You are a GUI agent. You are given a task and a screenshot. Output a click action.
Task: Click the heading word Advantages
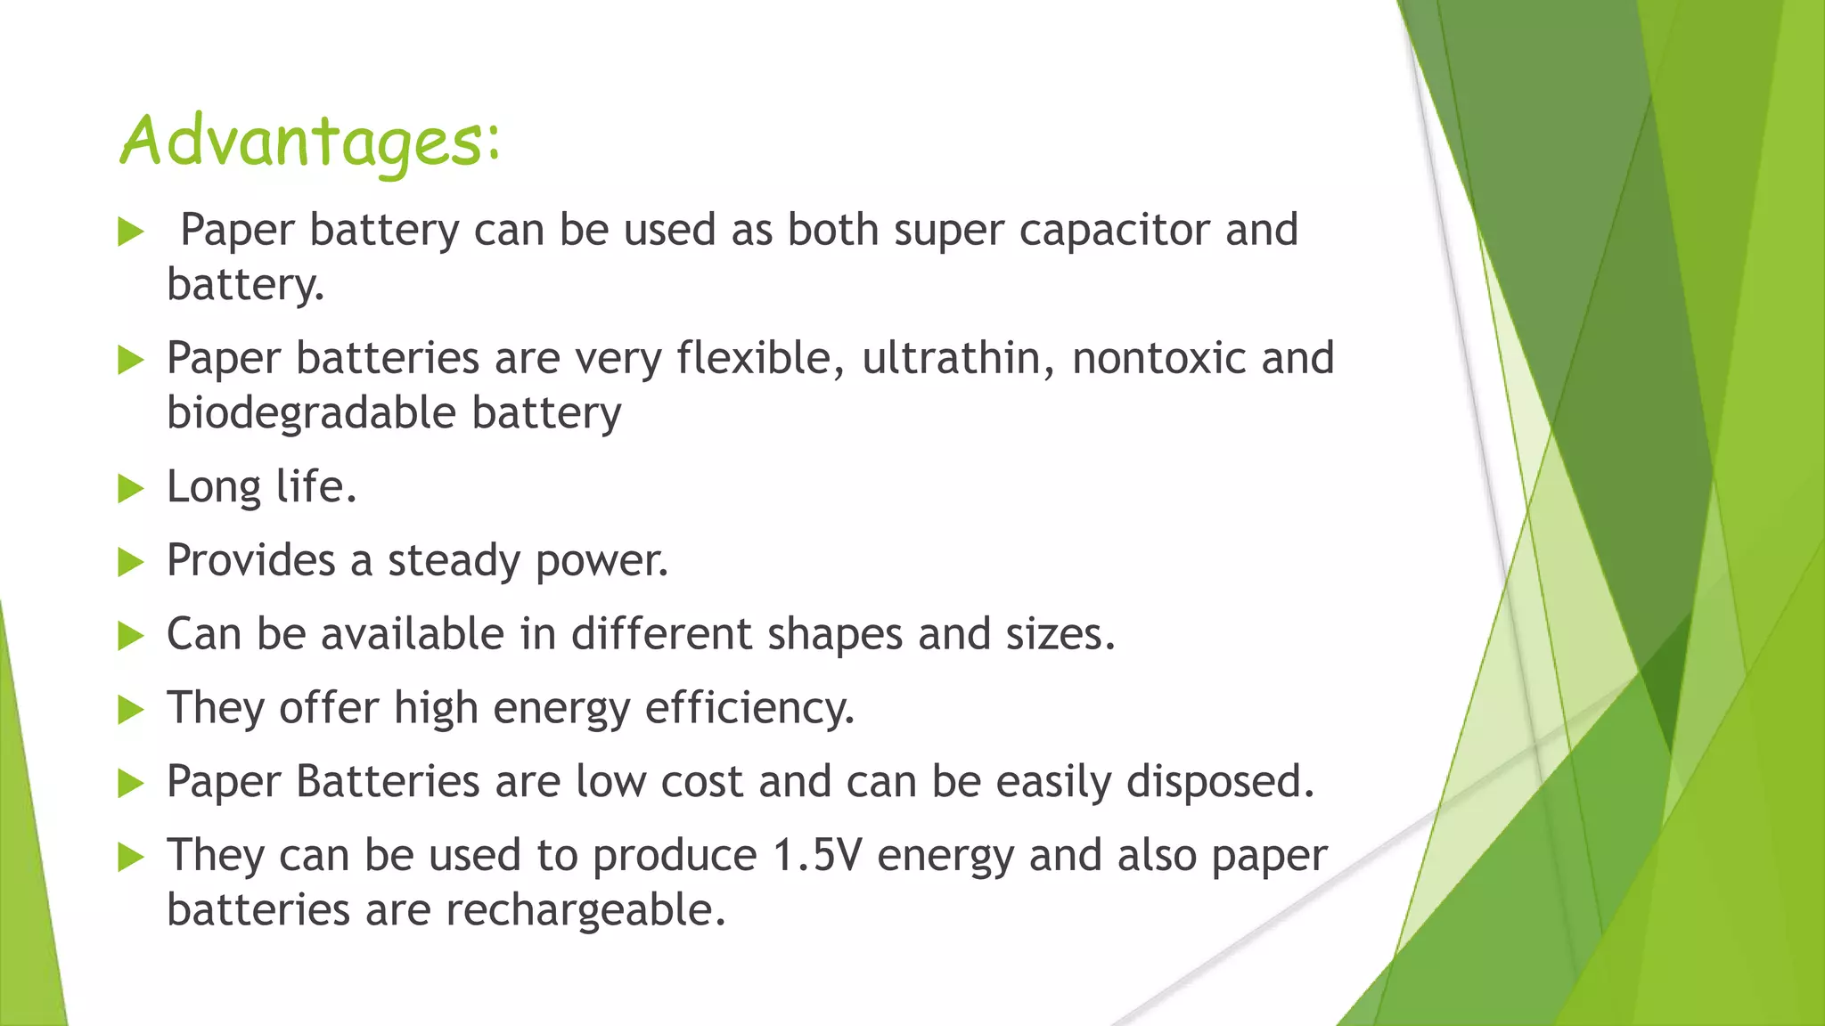point(309,141)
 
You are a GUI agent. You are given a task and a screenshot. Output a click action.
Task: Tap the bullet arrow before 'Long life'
point(130,488)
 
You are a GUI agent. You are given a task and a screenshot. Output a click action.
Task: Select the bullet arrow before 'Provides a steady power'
point(130,562)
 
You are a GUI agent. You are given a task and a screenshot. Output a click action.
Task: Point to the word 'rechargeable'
point(585,910)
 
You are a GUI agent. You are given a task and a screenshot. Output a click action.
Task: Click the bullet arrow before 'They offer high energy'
point(130,710)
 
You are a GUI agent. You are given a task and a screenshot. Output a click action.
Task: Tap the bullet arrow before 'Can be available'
point(130,636)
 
